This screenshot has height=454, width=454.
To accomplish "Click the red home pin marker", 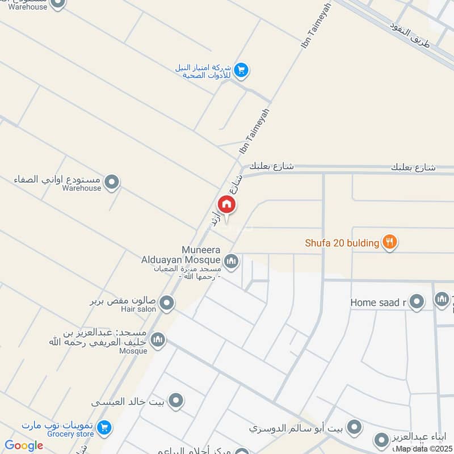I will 226,204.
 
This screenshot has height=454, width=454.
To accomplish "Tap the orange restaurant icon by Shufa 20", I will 389,242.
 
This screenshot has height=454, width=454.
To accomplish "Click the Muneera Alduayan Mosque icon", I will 231,262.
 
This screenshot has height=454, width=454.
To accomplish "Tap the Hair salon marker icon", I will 166,304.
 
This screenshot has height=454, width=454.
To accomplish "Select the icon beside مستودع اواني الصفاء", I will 112,183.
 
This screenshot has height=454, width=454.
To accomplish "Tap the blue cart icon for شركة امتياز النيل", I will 242,70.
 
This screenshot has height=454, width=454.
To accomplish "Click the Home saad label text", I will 378,302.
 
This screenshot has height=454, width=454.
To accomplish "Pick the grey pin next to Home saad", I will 417,302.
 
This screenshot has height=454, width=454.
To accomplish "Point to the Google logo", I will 24,445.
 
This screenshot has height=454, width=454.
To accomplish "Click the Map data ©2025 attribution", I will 424,449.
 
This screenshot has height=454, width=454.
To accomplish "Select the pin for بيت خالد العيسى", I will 176,401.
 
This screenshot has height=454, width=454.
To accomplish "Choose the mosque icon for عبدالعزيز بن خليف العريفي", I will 158,339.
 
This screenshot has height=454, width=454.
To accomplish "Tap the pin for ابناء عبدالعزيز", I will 380,439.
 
